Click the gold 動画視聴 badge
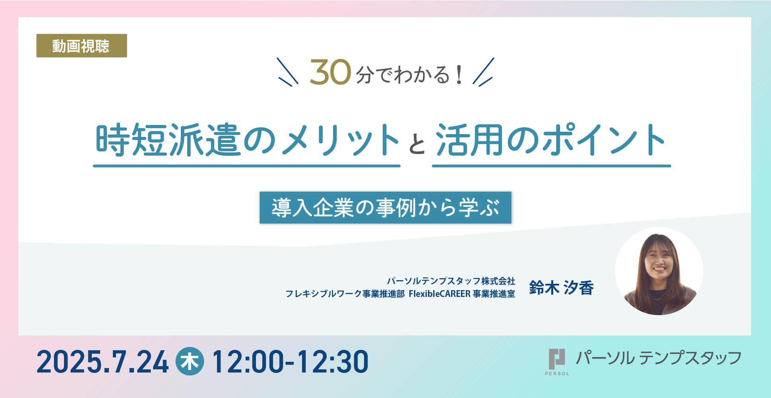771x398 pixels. (81, 46)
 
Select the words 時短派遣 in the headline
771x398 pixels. (168, 140)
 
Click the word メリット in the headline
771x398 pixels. (340, 140)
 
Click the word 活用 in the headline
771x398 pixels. (469, 140)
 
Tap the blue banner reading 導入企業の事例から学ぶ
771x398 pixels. (385, 207)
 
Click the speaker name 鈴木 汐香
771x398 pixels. (561, 287)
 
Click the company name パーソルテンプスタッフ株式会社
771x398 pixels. (451, 281)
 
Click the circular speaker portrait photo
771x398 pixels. (659, 271)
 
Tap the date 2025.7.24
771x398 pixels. (103, 362)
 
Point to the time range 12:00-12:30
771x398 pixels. (291, 362)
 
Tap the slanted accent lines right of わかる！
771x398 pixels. (483, 72)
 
